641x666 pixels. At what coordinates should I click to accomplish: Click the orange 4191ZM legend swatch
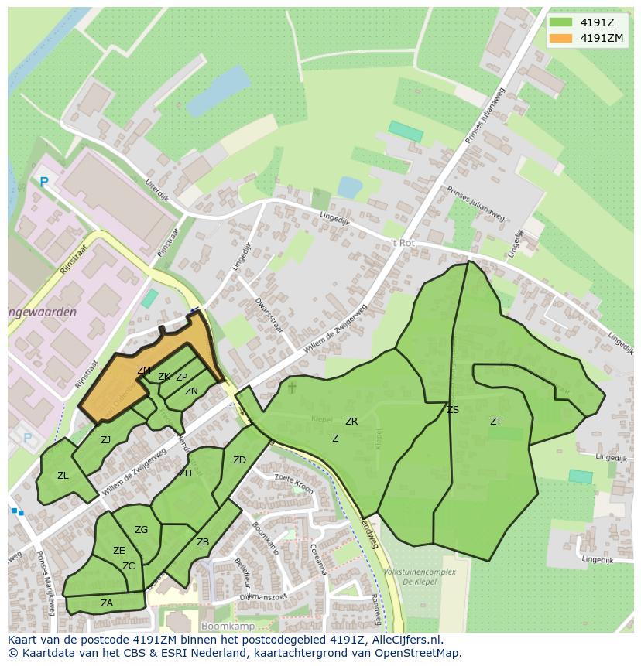[560, 38]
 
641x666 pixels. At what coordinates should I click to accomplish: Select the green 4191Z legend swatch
[560, 22]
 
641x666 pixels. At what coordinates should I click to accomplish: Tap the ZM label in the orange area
[144, 371]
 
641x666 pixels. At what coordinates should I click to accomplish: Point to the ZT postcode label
[495, 422]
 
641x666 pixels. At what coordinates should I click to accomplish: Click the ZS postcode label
[453, 410]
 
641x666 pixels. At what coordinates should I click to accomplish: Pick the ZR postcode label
[351, 422]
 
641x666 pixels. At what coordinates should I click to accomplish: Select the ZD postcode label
[239, 460]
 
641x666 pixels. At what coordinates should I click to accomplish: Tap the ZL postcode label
[63, 476]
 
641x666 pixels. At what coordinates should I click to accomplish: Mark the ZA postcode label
[107, 603]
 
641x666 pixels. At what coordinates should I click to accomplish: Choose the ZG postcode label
[141, 530]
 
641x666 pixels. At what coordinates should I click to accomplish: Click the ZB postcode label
[203, 542]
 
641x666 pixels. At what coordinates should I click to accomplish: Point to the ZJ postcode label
[106, 440]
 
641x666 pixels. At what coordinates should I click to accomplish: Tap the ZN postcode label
[191, 391]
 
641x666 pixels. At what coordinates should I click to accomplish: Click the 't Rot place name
[403, 242]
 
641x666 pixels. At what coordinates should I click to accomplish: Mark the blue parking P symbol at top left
[44, 183]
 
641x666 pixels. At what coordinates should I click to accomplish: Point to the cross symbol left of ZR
[292, 386]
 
